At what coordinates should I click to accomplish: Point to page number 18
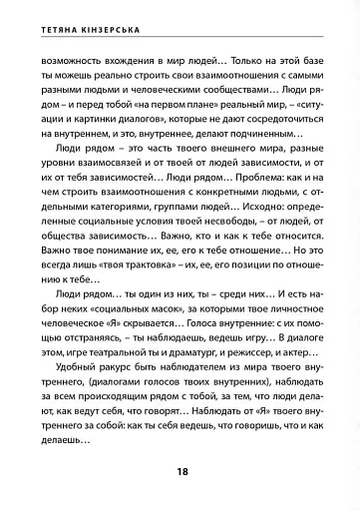click(x=181, y=469)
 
